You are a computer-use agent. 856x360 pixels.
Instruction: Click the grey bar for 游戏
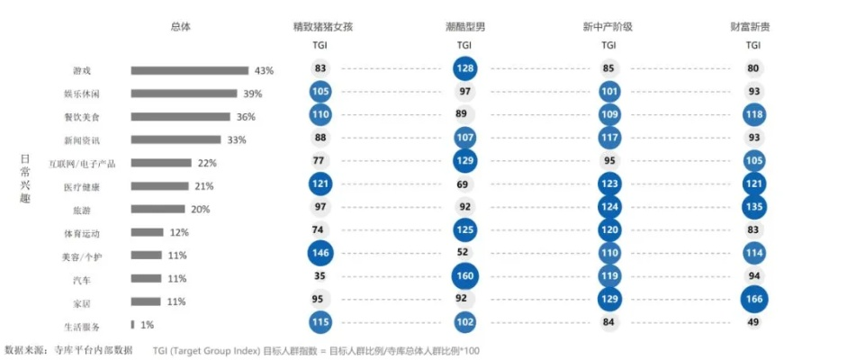pyautogui.click(x=189, y=70)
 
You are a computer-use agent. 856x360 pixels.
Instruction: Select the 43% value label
pyautogui.click(x=264, y=70)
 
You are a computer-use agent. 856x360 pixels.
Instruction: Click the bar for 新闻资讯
pyautogui.click(x=176, y=139)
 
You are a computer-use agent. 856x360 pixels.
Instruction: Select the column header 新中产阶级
pyautogui.click(x=608, y=26)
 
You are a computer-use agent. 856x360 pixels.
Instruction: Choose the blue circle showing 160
pyautogui.click(x=464, y=277)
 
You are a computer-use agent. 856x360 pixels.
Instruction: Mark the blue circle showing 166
pyautogui.click(x=753, y=301)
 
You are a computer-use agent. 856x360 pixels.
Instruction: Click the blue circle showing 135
pyautogui.click(x=753, y=208)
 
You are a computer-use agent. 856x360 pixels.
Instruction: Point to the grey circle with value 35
pyautogui.click(x=320, y=277)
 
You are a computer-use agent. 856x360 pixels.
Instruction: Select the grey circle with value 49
pyautogui.click(x=753, y=323)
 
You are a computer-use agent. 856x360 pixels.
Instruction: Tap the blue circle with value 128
pyautogui.click(x=464, y=68)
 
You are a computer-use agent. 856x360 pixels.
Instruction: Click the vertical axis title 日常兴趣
pyautogui.click(x=25, y=179)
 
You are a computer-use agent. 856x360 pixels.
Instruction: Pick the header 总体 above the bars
pyautogui.click(x=180, y=26)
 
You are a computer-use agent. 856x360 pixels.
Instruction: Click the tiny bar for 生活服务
pyautogui.click(x=132, y=324)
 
